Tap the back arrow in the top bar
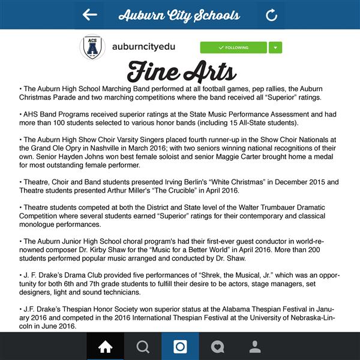coord(90,15)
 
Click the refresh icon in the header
coord(272,15)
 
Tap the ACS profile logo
coord(92,47)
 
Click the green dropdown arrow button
coord(275,47)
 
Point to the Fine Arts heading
coord(181,71)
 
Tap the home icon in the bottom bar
coord(105,346)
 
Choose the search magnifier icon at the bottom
coord(143,346)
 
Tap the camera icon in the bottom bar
coord(180,346)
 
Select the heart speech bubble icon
coord(218,346)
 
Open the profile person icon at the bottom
coord(255,346)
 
